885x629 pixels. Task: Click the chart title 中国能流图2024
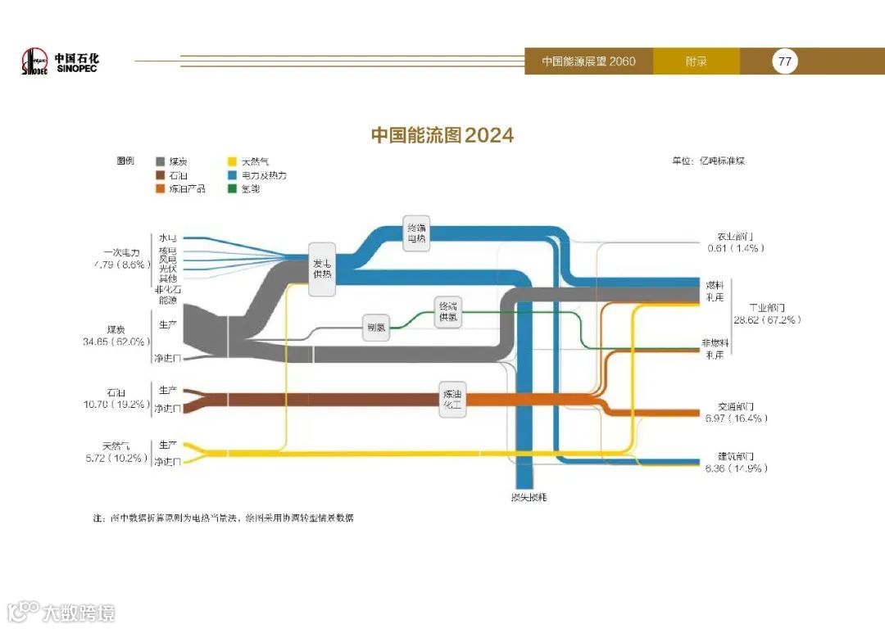click(x=442, y=135)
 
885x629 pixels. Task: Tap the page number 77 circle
click(x=784, y=61)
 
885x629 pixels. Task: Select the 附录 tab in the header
click(x=696, y=61)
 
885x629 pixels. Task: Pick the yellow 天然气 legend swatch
click(x=232, y=162)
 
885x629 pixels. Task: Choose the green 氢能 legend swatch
click(x=232, y=188)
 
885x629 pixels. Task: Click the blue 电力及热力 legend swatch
click(x=232, y=175)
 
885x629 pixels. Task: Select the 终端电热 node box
click(x=416, y=233)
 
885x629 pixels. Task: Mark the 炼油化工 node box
click(x=452, y=399)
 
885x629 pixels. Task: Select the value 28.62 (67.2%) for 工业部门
click(x=767, y=320)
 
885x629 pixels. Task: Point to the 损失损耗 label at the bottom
click(x=524, y=496)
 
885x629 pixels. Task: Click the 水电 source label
click(x=167, y=238)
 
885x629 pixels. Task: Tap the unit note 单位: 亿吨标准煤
click(x=709, y=161)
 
